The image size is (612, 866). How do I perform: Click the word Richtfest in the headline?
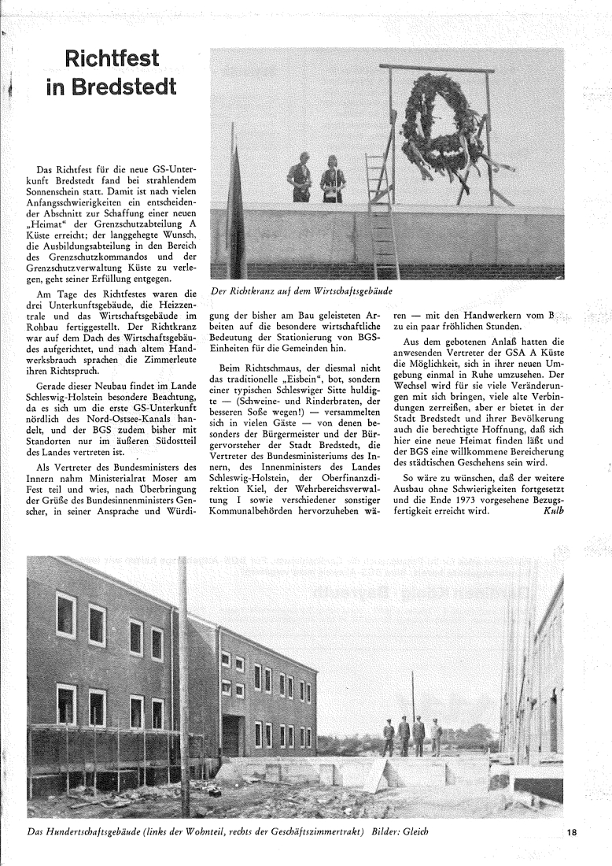tap(112, 59)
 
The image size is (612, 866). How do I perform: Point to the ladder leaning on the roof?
tap(381, 213)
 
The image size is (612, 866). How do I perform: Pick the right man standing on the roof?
tap(333, 180)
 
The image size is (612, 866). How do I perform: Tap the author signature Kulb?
tap(554, 510)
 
